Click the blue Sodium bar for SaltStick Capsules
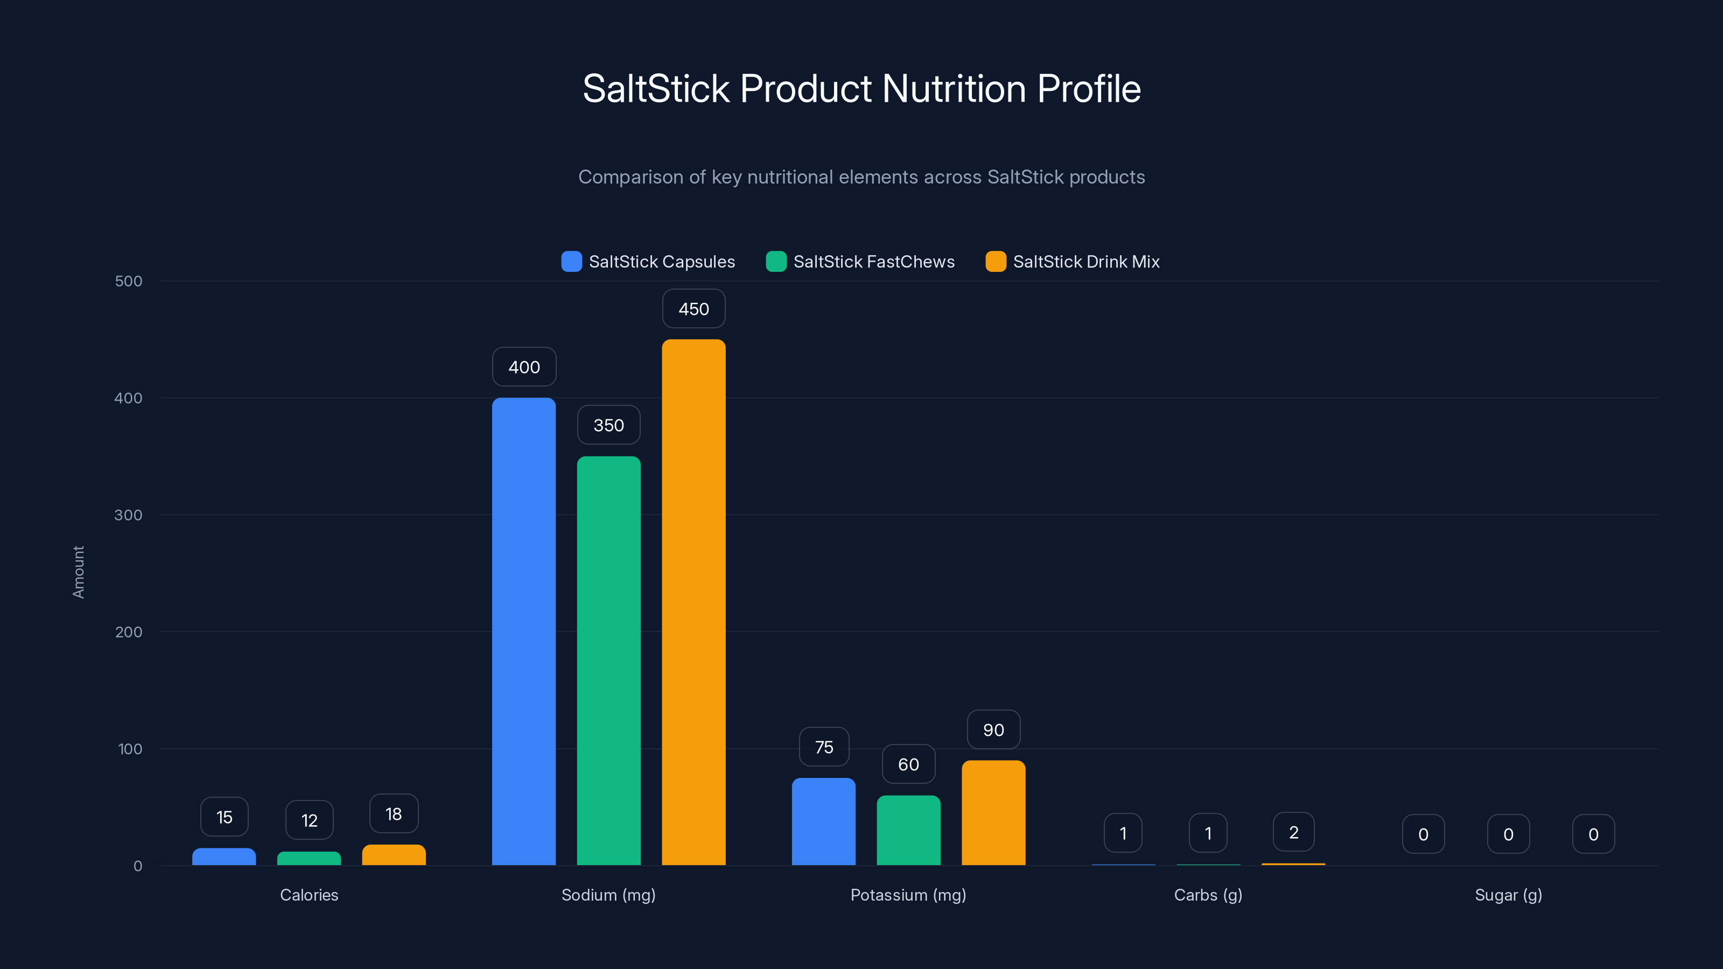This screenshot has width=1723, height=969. tap(524, 631)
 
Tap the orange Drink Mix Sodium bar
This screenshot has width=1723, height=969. tap(694, 602)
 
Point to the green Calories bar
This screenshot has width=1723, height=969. tap(309, 858)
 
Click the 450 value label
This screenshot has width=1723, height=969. tap(694, 309)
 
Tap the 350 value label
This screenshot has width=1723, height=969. tap(608, 425)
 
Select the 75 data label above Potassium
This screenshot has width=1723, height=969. tap(824, 747)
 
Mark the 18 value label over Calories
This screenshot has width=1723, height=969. tap(394, 814)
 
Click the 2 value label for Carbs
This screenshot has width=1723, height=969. tap(1293, 833)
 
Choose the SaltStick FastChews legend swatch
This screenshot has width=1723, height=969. tap(776, 262)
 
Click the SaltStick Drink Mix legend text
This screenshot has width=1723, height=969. tap(1086, 262)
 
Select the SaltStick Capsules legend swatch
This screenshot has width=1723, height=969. tap(571, 262)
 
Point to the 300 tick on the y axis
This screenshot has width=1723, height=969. tap(129, 515)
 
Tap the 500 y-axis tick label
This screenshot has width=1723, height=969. tap(129, 281)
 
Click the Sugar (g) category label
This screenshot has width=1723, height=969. tap(1508, 895)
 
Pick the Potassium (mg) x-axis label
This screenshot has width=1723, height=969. tap(908, 895)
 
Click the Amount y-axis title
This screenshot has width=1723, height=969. tap(78, 572)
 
